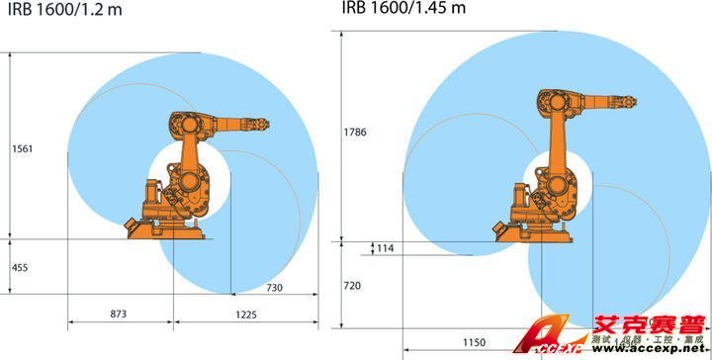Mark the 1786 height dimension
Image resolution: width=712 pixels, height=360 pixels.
click(x=357, y=131)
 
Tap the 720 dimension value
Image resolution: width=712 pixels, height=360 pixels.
click(x=353, y=286)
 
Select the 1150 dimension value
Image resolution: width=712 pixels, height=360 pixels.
click(x=475, y=342)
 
